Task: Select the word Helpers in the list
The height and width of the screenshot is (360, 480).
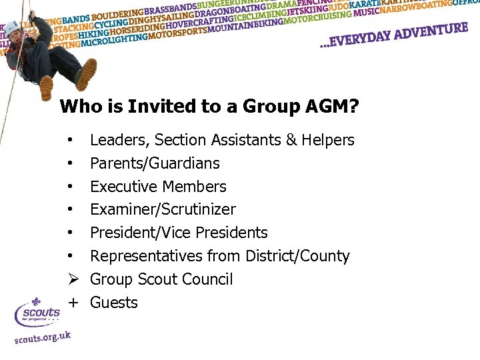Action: (x=327, y=140)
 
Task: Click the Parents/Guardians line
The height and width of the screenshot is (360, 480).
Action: (x=155, y=163)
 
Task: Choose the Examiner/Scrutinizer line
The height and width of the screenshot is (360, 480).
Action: (x=163, y=209)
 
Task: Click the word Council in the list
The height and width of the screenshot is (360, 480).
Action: (x=207, y=279)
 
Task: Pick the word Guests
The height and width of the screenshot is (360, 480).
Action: (x=114, y=303)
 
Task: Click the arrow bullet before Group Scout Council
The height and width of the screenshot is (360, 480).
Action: (x=70, y=279)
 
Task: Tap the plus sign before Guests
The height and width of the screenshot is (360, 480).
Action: (x=70, y=303)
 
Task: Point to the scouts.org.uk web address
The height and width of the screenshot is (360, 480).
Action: (x=43, y=337)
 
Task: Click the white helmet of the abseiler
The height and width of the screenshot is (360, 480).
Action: (x=13, y=27)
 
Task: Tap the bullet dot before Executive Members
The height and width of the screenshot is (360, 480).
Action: (x=70, y=187)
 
